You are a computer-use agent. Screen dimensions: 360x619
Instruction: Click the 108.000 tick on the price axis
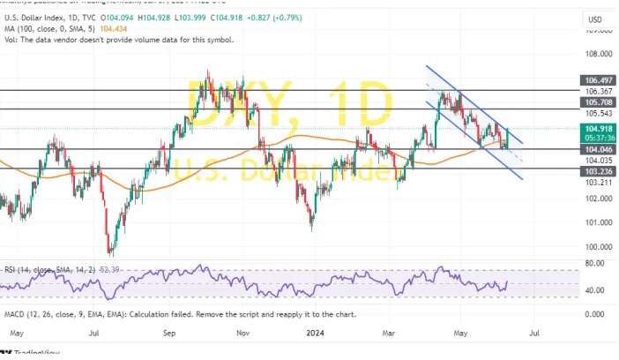(597, 53)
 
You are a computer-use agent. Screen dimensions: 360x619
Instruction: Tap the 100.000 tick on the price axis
(597, 247)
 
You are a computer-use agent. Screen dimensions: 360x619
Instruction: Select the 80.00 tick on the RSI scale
(593, 263)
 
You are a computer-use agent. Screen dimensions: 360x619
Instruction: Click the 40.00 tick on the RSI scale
(593, 289)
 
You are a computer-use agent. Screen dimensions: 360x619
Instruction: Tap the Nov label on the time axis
(245, 334)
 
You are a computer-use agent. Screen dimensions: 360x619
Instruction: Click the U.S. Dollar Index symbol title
(34, 17)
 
